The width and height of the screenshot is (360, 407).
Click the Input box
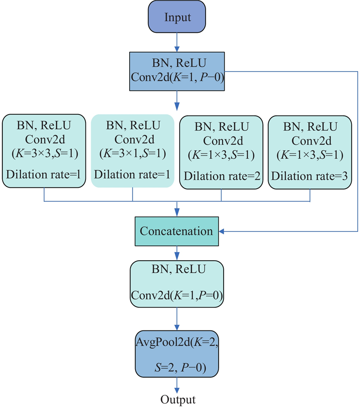pos(178,18)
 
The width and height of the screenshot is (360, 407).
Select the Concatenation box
pos(176,231)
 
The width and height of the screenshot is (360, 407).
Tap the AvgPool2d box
pos(177,354)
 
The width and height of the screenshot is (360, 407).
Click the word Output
pos(178,400)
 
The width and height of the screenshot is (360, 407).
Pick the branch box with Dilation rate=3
pos(310,151)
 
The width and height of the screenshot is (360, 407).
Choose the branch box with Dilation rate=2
pos(221,151)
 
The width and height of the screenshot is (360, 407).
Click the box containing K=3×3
pos(44,151)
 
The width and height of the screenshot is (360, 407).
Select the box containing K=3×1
pos(132,151)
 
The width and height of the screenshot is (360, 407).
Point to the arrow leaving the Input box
pos(177,43)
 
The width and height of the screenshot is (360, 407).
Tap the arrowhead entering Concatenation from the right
pos(221,231)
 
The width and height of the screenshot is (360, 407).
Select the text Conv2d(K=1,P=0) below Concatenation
pos(177,295)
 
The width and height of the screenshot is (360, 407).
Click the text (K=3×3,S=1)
pos(44,154)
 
